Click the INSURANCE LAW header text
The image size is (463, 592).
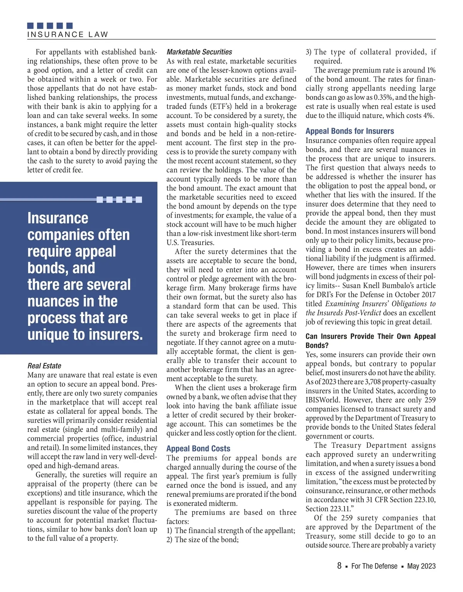(x=68, y=34)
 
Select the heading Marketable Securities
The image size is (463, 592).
(x=199, y=52)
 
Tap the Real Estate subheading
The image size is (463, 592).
(x=44, y=366)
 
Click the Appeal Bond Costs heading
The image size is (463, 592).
(x=198, y=449)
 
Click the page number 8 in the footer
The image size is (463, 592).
(x=339, y=566)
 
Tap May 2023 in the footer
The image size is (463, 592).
(x=421, y=566)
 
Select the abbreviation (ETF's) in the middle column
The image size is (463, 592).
(x=214, y=106)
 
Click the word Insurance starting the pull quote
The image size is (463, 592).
(x=58, y=218)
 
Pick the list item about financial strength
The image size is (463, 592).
(x=231, y=531)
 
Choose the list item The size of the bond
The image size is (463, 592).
(x=203, y=540)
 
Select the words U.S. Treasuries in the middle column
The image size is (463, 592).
(x=190, y=243)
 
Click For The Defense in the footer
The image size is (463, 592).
(x=374, y=566)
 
